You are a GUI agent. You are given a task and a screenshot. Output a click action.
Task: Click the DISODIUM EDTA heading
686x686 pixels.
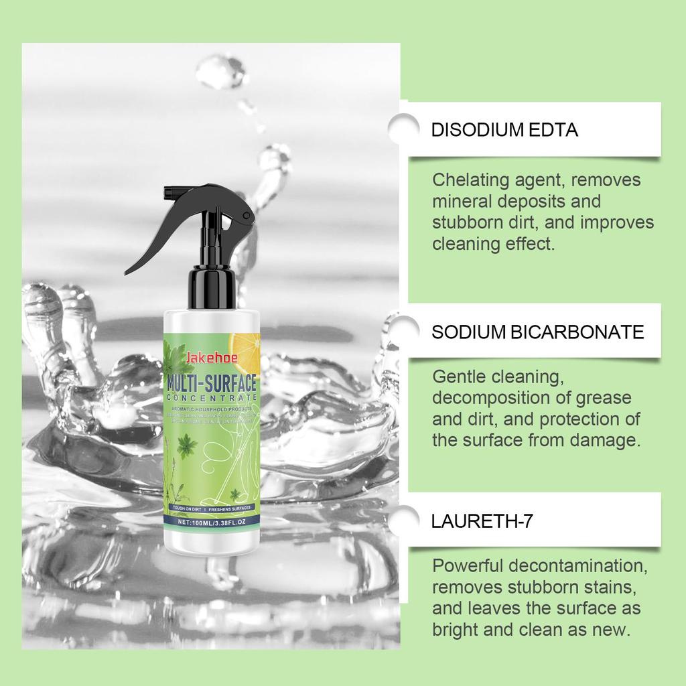click(x=504, y=130)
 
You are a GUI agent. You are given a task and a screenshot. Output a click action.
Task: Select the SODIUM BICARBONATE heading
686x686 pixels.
click(x=537, y=332)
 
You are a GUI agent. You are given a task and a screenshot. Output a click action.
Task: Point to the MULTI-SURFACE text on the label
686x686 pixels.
click(x=211, y=385)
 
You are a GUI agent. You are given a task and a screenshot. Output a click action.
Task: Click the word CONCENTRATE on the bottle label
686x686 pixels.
click(x=211, y=399)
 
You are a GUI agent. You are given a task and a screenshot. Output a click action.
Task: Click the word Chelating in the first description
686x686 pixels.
click(x=466, y=180)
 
